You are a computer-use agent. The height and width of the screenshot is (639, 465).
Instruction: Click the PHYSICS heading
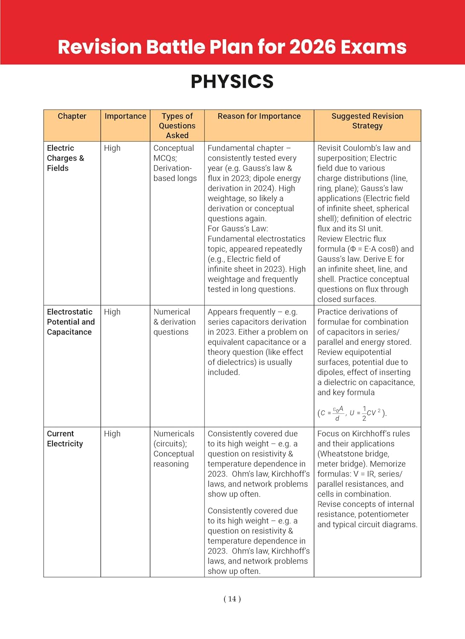[232, 81]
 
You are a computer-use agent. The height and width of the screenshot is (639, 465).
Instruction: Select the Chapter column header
[72, 116]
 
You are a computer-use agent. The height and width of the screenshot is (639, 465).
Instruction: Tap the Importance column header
[125, 116]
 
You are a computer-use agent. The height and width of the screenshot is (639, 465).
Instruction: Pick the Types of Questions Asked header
[177, 126]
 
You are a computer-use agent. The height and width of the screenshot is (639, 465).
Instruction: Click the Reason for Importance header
[259, 116]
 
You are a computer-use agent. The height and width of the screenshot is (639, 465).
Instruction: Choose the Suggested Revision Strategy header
[367, 121]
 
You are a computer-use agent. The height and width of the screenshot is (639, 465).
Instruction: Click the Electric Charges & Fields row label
[65, 158]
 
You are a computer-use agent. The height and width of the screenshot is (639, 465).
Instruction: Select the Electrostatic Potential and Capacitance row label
[70, 322]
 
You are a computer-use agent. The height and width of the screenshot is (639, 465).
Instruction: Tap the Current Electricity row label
[65, 439]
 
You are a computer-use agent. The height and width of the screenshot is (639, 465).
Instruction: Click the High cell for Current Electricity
[112, 434]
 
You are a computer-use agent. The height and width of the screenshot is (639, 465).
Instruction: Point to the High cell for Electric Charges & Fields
[112, 148]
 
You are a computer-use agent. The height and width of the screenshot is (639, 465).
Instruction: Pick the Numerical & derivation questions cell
[174, 322]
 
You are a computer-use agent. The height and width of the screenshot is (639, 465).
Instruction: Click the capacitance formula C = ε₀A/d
[331, 412]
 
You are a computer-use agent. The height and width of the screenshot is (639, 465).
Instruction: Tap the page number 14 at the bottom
[232, 599]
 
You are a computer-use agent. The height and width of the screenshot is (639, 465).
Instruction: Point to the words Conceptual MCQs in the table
[173, 153]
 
